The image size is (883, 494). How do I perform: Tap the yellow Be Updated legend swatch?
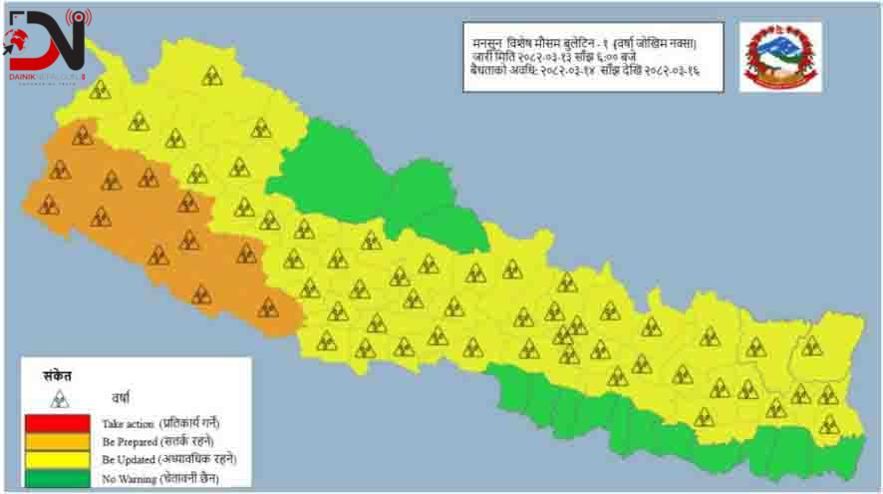coord(60,459)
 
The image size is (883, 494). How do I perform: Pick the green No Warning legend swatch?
coord(60,477)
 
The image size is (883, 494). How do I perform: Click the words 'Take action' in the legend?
coord(128,424)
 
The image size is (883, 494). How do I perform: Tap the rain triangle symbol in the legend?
coord(61,398)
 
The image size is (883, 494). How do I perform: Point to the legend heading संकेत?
coord(59,376)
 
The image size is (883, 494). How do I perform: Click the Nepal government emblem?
coord(780,58)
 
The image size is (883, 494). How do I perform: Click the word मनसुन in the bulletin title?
coord(488,44)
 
